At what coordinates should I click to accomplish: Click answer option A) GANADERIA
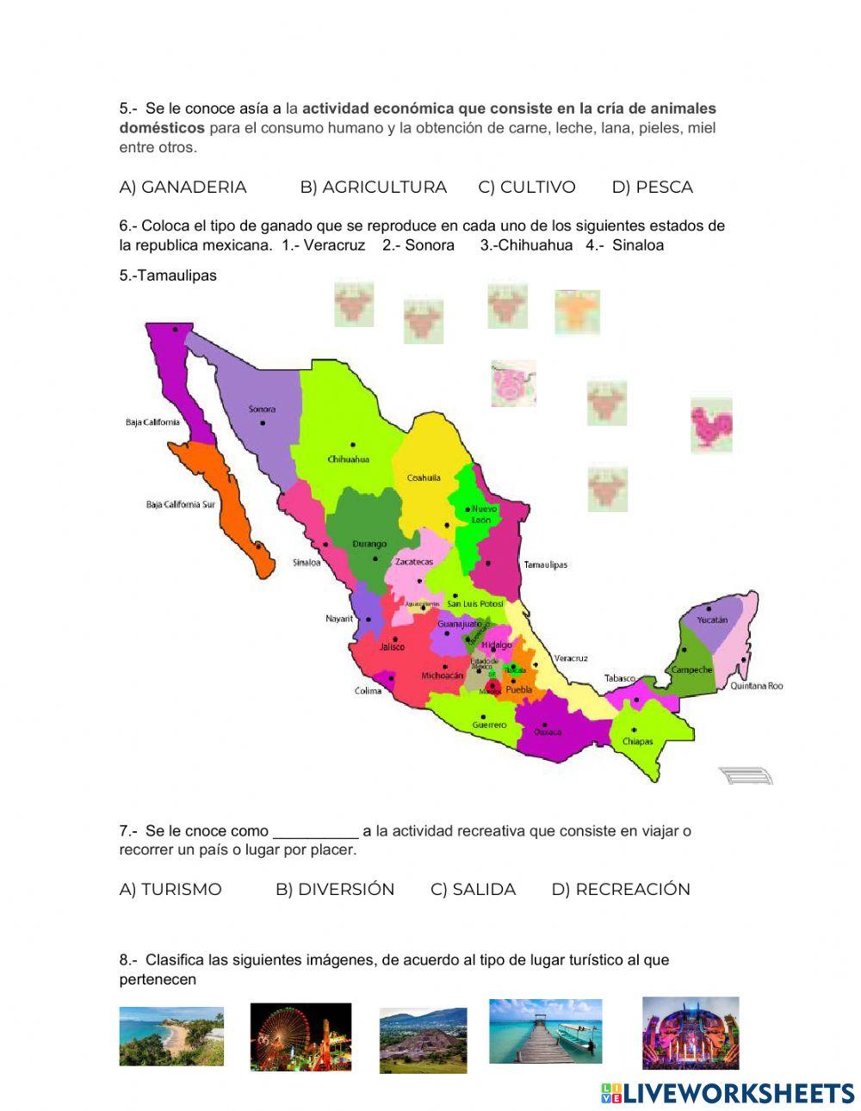[183, 187]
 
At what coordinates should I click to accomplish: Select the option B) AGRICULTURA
[373, 187]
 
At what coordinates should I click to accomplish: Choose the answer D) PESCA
[652, 187]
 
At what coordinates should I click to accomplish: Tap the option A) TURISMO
[170, 889]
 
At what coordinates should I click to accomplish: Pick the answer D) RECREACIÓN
[621, 889]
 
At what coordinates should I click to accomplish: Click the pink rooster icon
[711, 424]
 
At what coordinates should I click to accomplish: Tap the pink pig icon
[513, 383]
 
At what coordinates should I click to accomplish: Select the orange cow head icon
[577, 312]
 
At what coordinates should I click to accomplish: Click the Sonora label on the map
[262, 409]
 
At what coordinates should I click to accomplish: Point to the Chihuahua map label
[348, 459]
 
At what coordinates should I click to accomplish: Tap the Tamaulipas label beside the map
[546, 565]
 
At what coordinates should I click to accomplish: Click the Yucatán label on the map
[712, 620]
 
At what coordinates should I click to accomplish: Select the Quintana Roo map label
[757, 686]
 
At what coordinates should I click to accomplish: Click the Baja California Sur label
[180, 504]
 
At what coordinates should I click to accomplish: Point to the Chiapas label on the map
[638, 741]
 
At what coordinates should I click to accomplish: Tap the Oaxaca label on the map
[548, 731]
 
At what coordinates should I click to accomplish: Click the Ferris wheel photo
[300, 1036]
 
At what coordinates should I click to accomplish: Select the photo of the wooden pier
[545, 1031]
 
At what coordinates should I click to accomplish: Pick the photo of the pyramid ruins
[423, 1040]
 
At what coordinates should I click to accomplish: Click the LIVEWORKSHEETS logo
[728, 1093]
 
